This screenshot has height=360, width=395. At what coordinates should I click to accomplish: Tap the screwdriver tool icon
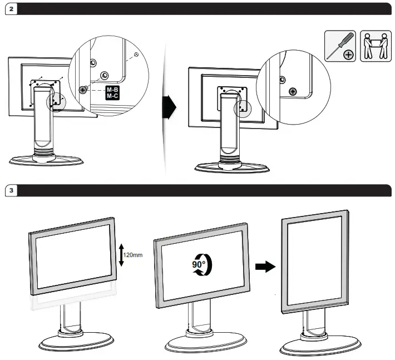tap(340, 46)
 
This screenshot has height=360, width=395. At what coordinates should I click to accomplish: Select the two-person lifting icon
tap(374, 46)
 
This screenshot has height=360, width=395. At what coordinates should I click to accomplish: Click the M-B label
tap(112, 89)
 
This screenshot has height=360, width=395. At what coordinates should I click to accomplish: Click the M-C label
tap(112, 96)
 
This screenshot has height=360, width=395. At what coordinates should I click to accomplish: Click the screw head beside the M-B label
tap(83, 89)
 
